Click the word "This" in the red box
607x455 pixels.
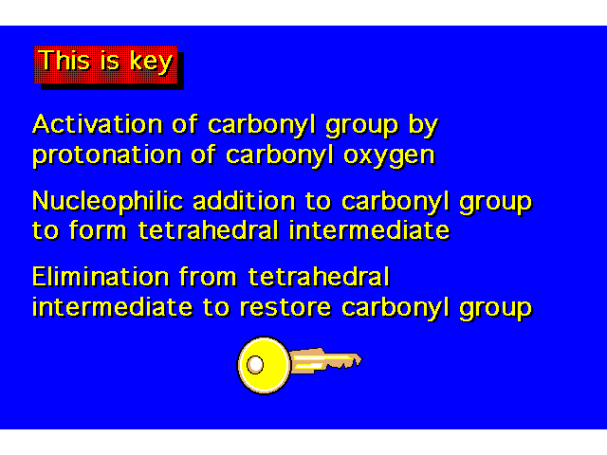[x=64, y=61]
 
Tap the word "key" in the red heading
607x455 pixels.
[x=152, y=62]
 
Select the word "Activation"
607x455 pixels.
[x=97, y=124]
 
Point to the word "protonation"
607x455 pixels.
[x=107, y=155]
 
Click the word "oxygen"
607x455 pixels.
[x=390, y=156]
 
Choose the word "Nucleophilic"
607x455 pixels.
[x=107, y=202]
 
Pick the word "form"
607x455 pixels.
[x=98, y=229]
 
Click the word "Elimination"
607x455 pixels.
[x=101, y=276]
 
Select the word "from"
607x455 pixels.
[x=208, y=276]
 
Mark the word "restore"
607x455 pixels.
[x=285, y=307]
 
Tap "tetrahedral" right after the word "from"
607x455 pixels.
[x=319, y=276]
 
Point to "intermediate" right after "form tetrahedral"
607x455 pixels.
[x=370, y=229]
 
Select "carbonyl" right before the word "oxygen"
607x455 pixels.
[x=280, y=155]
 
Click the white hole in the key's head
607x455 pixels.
[x=255, y=364]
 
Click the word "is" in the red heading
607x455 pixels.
[x=110, y=61]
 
